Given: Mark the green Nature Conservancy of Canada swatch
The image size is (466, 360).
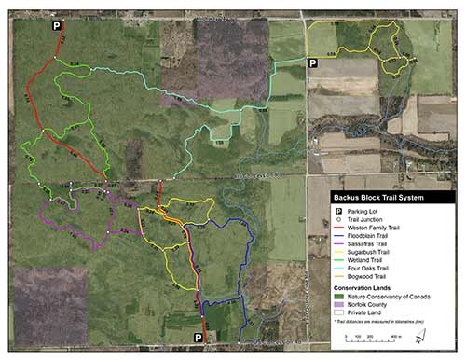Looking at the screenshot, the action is click(x=341, y=295).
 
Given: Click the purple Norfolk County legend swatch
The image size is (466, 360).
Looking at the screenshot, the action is click(x=341, y=302).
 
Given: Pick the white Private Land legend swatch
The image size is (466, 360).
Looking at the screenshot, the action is click(x=341, y=310).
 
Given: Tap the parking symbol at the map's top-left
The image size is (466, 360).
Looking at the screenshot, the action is click(x=56, y=29).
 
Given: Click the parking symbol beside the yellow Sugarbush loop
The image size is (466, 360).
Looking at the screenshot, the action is click(x=313, y=63).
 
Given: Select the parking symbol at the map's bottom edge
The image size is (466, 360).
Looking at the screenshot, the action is click(x=199, y=338).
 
